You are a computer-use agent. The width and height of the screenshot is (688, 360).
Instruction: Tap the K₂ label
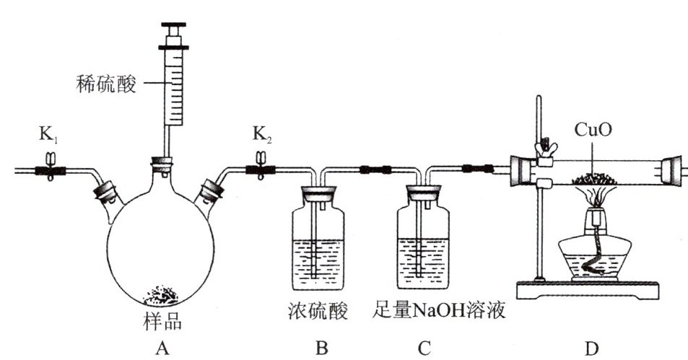pos(261,135)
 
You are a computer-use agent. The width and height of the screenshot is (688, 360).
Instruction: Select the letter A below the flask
pos(162,348)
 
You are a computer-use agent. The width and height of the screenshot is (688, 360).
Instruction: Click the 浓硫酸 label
pos(318,312)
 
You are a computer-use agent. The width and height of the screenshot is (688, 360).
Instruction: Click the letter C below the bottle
pos(424,348)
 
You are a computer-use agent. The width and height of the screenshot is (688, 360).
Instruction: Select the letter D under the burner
pos(592,348)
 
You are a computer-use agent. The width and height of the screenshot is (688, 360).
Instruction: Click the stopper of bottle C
pos(424,193)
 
